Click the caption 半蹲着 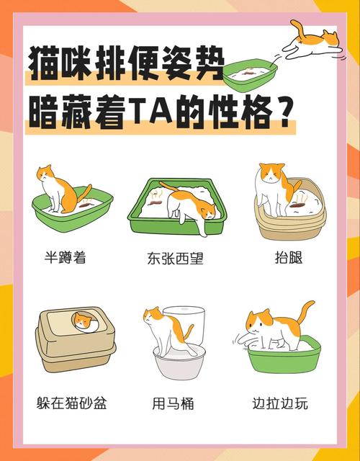(x=65, y=257)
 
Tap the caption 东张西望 (x=175, y=257)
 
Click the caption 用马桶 (x=174, y=403)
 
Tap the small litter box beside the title (x=248, y=72)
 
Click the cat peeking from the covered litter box (x=84, y=321)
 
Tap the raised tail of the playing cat (x=305, y=312)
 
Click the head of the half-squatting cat (x=47, y=174)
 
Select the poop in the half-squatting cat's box (x=86, y=205)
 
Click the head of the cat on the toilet (x=153, y=318)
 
